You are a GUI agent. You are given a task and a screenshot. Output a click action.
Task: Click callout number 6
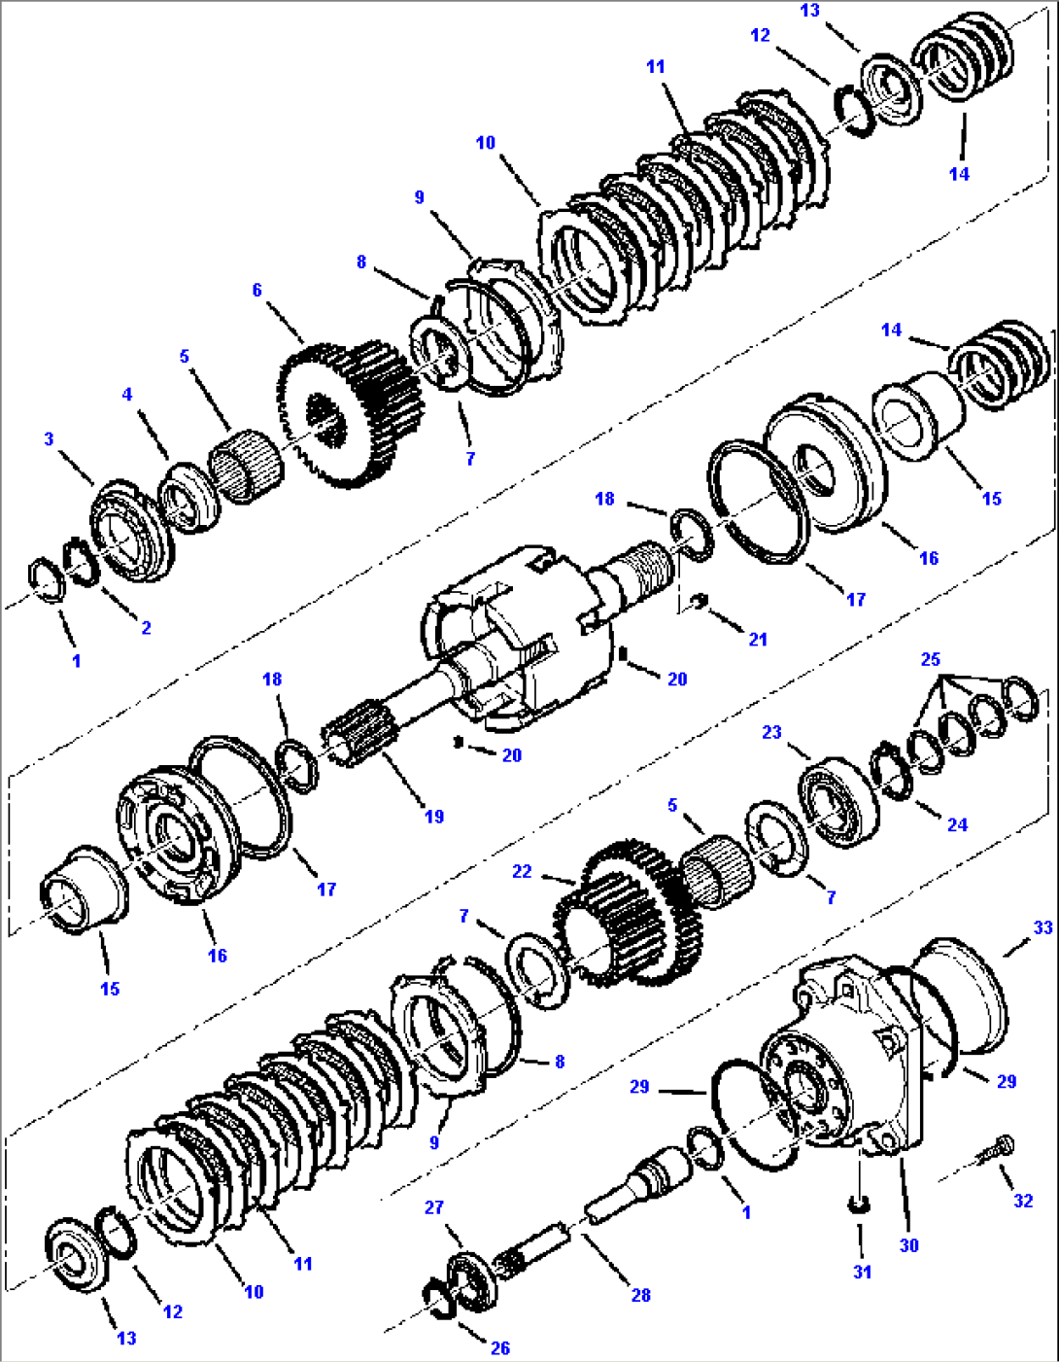pos(257,290)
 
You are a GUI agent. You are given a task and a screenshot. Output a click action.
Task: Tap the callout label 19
pos(434,817)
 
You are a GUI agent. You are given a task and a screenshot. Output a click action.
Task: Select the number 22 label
pos(523,871)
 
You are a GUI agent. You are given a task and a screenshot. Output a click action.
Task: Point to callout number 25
pos(931,659)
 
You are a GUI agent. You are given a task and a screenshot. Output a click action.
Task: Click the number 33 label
pos(1042,927)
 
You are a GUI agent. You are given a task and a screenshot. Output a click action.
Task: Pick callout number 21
pos(758,639)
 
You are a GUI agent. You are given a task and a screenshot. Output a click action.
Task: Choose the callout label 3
pos(50,439)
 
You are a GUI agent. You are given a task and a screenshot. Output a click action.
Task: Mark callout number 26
pos(500,1347)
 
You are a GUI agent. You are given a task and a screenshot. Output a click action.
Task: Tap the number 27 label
pos(434,1206)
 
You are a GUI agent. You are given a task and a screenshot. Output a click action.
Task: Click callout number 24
pos(958,824)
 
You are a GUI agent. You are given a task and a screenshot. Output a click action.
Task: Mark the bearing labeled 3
pos(131,530)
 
